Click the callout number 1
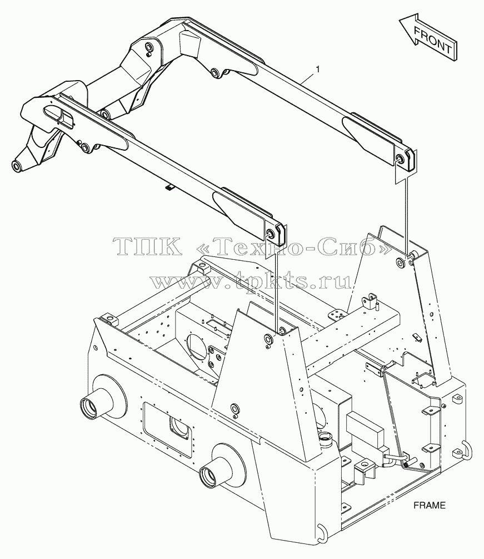[318, 69]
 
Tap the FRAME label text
[430, 505]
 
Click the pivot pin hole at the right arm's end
[399, 159]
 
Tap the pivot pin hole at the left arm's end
[270, 234]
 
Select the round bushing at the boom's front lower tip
[17, 166]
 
